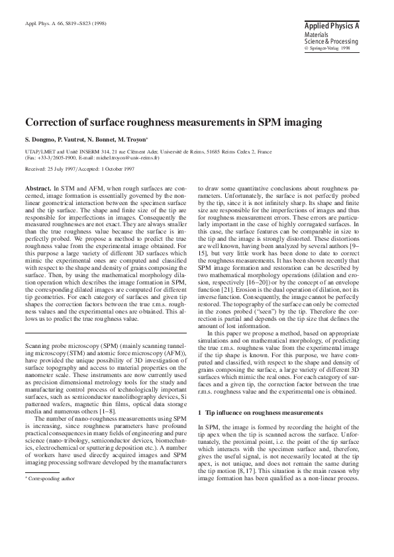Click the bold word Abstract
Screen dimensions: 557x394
pos(38,189)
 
